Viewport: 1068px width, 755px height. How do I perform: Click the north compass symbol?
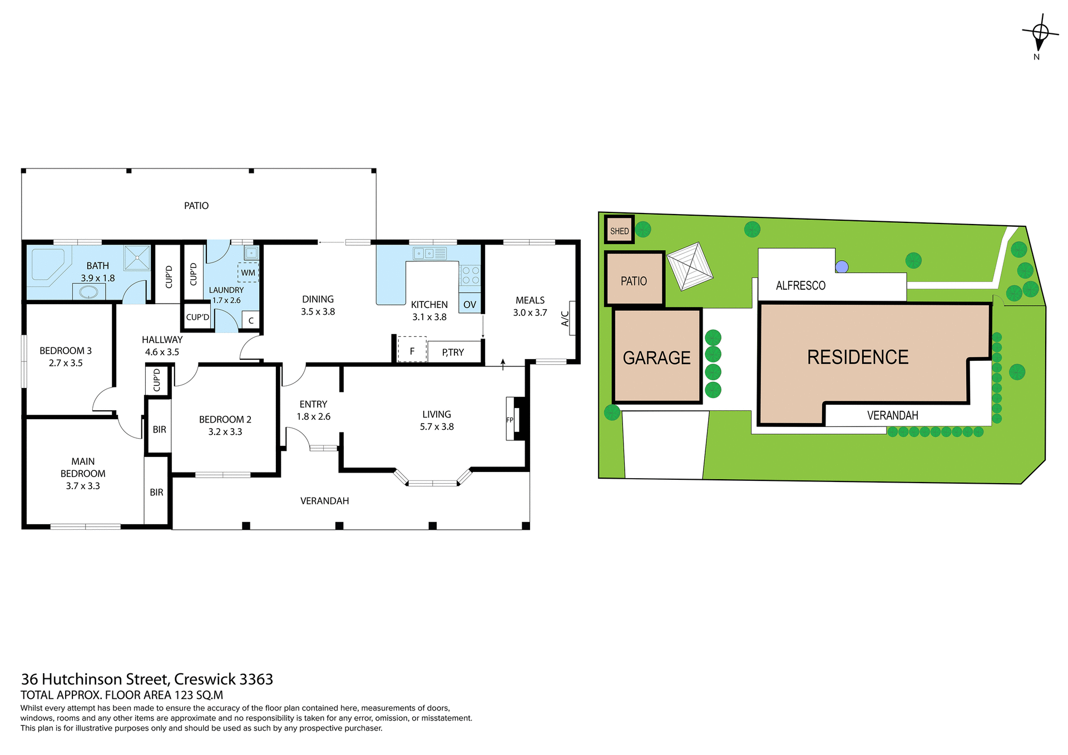(x=1040, y=34)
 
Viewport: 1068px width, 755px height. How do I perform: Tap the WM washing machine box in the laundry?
(x=248, y=272)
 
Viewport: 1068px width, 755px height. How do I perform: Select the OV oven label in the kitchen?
(x=469, y=304)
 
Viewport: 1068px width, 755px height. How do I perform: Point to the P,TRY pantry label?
(x=453, y=352)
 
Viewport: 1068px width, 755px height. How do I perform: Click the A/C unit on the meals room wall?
(x=572, y=318)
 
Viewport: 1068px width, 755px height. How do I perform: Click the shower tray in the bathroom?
(x=137, y=257)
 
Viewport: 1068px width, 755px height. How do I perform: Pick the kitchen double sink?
(x=429, y=254)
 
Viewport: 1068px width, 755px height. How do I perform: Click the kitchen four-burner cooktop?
(x=470, y=276)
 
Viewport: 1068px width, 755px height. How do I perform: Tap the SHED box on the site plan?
(x=619, y=230)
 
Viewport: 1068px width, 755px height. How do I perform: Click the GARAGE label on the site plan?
(x=656, y=357)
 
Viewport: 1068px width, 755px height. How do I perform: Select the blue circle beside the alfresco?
(x=842, y=267)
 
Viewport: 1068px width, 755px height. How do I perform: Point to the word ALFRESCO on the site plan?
(x=800, y=286)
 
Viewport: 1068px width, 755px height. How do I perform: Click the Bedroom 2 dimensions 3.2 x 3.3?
(x=225, y=432)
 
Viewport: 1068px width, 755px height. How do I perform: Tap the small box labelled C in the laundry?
(x=251, y=320)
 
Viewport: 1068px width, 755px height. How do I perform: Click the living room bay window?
(x=433, y=481)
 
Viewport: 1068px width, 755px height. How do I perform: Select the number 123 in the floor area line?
(x=184, y=695)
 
